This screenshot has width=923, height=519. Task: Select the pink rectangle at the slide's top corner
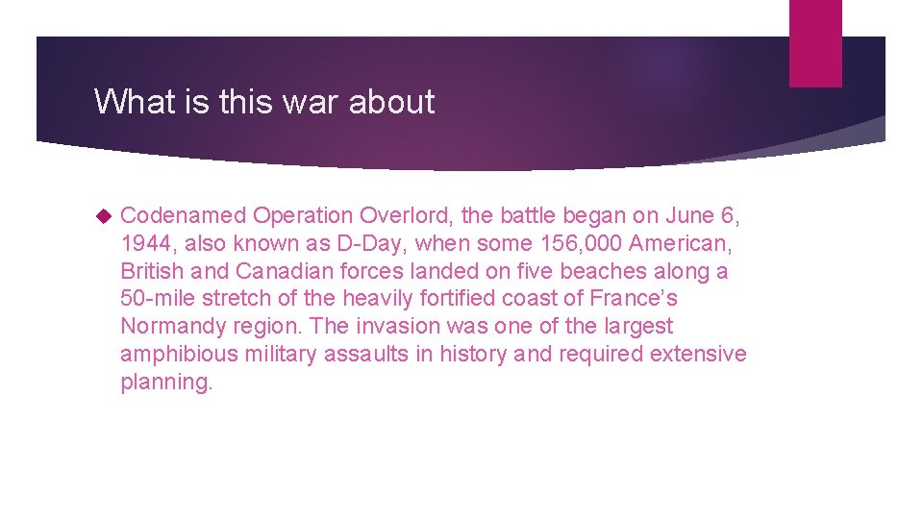(x=814, y=43)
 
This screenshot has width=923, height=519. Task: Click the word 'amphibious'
(x=180, y=354)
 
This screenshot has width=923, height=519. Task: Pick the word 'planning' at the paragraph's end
(x=162, y=382)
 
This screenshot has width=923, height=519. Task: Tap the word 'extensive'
(x=698, y=354)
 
